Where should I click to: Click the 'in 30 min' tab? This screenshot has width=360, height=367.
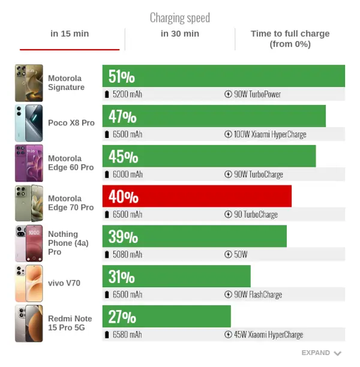coord(180,34)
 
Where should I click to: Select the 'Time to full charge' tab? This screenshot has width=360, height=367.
coord(290,38)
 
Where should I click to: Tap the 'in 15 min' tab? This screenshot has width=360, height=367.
coord(70,34)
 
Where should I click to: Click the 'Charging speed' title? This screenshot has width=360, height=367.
coord(180,18)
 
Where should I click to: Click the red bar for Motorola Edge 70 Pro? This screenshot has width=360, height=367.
coord(197,196)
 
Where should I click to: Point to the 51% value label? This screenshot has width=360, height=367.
coord(122,77)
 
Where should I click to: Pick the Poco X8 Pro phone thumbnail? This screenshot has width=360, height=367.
coord(29,123)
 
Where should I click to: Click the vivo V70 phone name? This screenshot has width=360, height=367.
coord(64,283)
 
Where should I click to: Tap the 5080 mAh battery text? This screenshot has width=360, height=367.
coord(127,254)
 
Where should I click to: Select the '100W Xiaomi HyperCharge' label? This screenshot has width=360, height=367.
coord(270,134)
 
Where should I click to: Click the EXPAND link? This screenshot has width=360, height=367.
coord(322,353)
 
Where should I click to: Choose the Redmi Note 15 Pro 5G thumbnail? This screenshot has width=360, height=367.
coord(29,323)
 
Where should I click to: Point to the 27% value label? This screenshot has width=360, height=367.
coord(122,317)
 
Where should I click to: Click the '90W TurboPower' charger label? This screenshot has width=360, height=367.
coord(257,94)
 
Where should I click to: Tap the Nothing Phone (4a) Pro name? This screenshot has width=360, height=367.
coord(68,243)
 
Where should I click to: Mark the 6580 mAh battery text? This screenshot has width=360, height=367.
coord(127,335)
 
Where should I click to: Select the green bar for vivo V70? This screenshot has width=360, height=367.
coord(176,276)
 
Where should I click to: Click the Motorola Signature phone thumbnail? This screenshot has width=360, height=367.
coord(29,83)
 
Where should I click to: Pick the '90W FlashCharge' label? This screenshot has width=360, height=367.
coord(258,294)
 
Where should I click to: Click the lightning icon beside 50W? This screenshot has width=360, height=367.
coord(228,254)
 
